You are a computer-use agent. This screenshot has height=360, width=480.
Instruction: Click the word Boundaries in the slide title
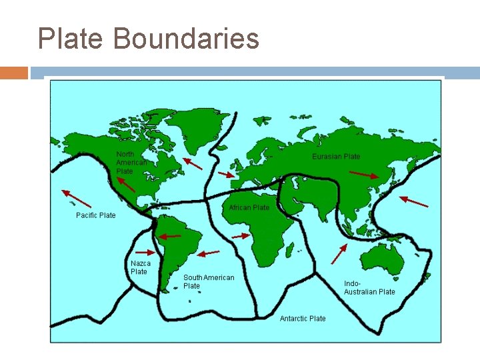(186, 39)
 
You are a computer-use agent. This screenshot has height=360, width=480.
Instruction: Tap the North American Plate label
(131, 163)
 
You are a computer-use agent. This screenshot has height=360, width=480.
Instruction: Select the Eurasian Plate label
(336, 157)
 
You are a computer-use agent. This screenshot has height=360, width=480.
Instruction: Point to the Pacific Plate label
(95, 215)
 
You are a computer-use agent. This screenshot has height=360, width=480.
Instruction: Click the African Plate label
(249, 208)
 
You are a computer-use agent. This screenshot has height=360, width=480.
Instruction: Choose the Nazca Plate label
(140, 267)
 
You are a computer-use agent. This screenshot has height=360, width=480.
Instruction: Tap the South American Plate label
(209, 281)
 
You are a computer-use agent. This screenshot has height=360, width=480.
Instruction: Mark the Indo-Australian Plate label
(369, 287)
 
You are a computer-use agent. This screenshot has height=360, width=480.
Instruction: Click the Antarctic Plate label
(303, 319)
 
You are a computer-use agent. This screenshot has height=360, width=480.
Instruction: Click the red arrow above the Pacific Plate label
(76, 198)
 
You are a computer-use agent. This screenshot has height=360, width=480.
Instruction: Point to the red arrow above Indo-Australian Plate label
(339, 254)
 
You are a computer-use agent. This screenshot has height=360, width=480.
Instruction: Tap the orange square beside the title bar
(14, 73)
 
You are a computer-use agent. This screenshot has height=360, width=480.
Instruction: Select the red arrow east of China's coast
(414, 201)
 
